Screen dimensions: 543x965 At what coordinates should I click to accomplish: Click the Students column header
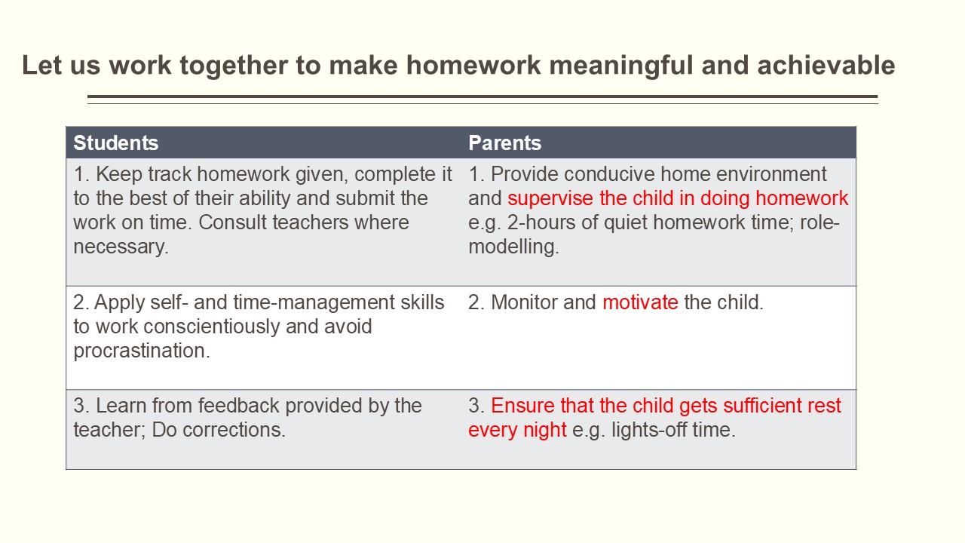[x=115, y=143]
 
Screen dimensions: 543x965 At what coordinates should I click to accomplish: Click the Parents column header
[x=504, y=143]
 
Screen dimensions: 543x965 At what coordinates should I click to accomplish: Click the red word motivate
[x=640, y=302]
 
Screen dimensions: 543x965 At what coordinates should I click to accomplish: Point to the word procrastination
[x=141, y=351]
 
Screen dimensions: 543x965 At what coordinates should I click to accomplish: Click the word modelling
[x=513, y=247]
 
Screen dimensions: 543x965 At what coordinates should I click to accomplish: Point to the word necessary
[x=121, y=247]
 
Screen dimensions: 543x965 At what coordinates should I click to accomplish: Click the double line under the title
[x=482, y=99]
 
